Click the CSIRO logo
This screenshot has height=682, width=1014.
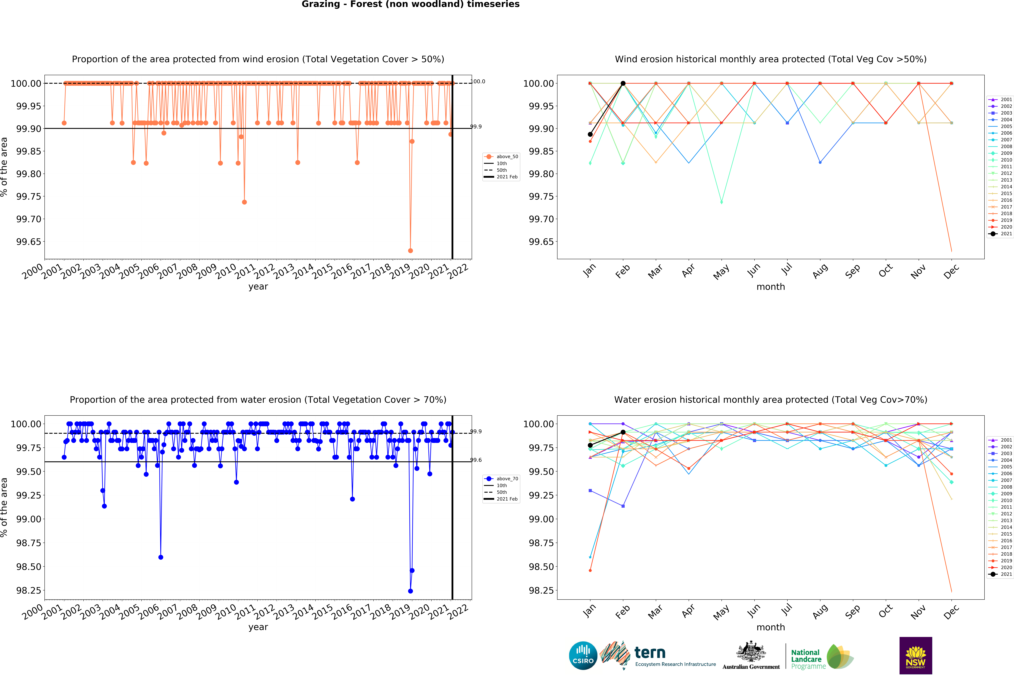click(x=583, y=655)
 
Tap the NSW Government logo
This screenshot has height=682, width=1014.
click(x=915, y=655)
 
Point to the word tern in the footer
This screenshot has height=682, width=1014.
click(x=650, y=652)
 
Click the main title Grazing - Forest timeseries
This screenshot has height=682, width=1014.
click(x=410, y=4)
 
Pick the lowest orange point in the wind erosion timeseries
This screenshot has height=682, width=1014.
click(x=410, y=251)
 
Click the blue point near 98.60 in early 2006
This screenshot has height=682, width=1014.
click(x=161, y=557)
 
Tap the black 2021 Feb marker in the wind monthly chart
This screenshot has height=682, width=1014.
click(x=623, y=83)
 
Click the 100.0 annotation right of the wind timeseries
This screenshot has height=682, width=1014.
click(x=478, y=81)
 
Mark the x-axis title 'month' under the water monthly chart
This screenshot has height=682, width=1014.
click(x=771, y=627)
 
